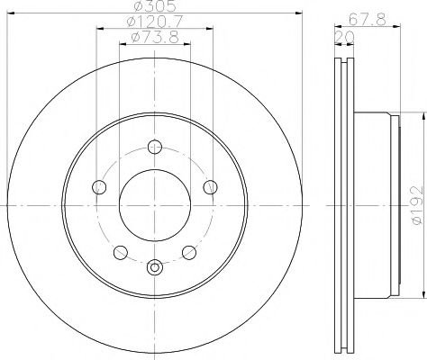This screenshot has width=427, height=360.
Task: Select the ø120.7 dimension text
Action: (x=149, y=21)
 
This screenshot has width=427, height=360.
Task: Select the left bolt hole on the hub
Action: (x=99, y=186)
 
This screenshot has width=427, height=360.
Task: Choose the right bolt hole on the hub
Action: (x=211, y=186)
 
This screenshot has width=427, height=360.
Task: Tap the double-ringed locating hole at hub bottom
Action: (x=155, y=265)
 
